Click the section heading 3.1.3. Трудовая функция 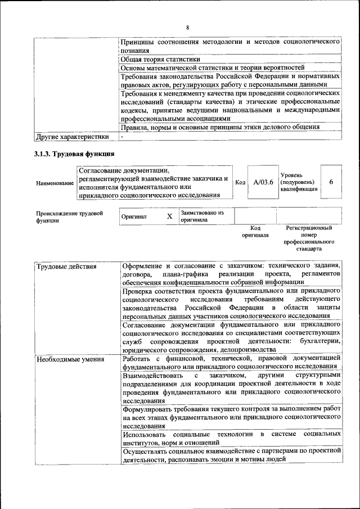point(74,154)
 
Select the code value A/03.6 point(263,182)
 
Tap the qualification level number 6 point(331,182)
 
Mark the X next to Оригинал point(169,217)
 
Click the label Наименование point(55,183)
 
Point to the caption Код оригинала point(255,232)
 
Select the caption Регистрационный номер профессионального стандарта point(309,238)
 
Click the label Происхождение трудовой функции point(69,217)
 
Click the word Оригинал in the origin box point(134,217)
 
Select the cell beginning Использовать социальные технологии point(231,439)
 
